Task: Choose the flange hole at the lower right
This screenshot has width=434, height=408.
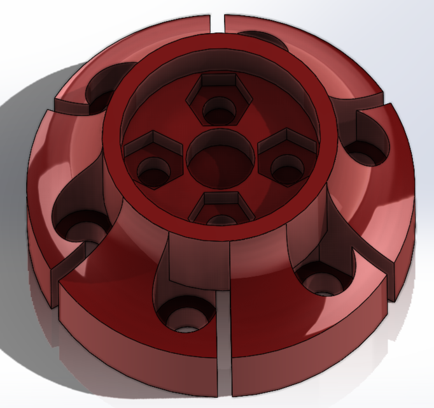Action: pos(323,280)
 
